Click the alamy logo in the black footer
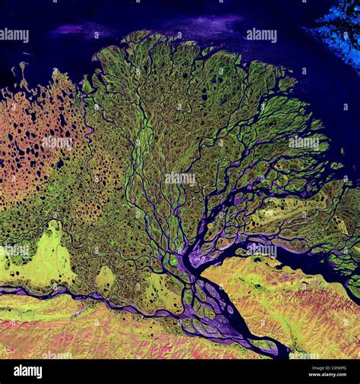(27, 371)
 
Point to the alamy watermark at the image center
(179, 178)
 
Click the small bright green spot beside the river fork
(174, 260)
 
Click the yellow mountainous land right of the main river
(296, 304)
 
